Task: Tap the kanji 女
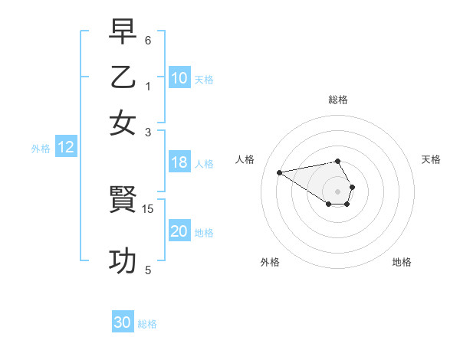[123, 123]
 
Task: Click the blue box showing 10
[179, 78]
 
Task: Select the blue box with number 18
[179, 162]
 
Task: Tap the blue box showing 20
[179, 231]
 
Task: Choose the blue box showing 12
[66, 148]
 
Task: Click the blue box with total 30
[123, 322]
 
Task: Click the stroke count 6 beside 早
[148, 40]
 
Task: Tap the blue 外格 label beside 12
[41, 149]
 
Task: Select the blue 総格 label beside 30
[147, 324]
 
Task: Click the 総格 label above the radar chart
[338, 100]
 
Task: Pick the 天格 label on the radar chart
[431, 159]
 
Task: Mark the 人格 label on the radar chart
[245, 159]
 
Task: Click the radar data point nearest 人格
[280, 172]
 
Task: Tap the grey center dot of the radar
[338, 191]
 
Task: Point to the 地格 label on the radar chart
[402, 262]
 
